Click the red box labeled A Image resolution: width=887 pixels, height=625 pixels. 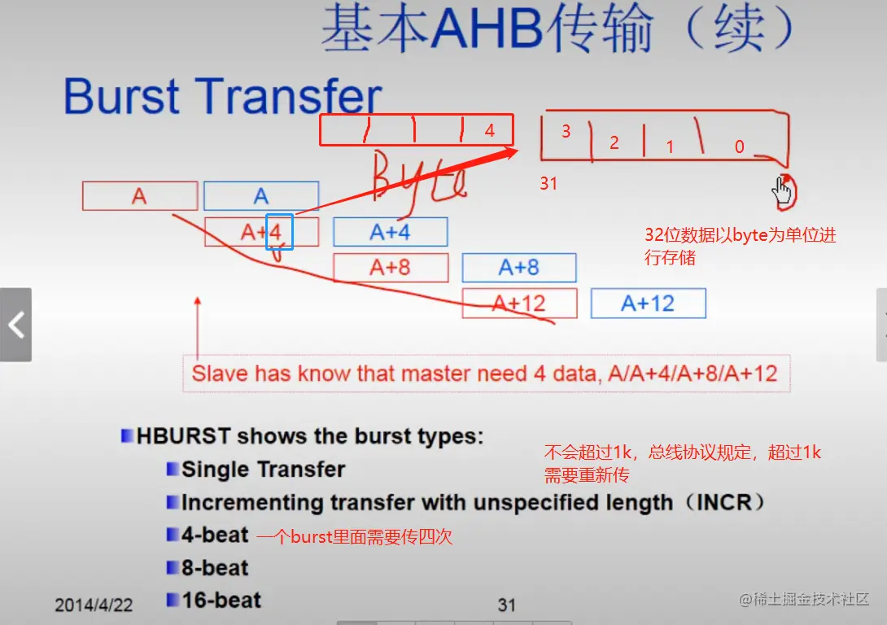pos(140,195)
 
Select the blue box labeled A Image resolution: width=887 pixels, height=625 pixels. pos(261,195)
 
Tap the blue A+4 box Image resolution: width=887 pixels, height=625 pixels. pos(391,232)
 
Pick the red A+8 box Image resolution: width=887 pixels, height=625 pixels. pos(391,268)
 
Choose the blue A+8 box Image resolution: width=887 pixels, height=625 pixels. pos(519,268)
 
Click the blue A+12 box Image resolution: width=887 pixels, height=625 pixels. pos(649,304)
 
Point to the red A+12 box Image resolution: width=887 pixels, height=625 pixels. pos(519,304)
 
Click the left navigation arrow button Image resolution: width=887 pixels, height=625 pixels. pos(15,325)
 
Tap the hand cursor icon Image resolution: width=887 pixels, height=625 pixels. pos(782,190)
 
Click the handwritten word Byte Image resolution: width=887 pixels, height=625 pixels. pos(418,180)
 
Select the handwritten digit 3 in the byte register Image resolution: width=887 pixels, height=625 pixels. pos(566,131)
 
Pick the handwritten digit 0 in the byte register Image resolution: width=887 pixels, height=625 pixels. pos(740,147)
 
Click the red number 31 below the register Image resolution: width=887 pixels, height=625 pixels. pos(548,183)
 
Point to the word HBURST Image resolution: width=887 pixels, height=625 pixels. pos(184,436)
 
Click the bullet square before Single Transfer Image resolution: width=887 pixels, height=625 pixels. pos(172,469)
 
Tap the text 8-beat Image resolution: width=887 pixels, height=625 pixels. pos(215,567)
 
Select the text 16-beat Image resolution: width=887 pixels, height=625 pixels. pos(221,600)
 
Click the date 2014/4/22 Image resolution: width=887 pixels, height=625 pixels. pos(94,605)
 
